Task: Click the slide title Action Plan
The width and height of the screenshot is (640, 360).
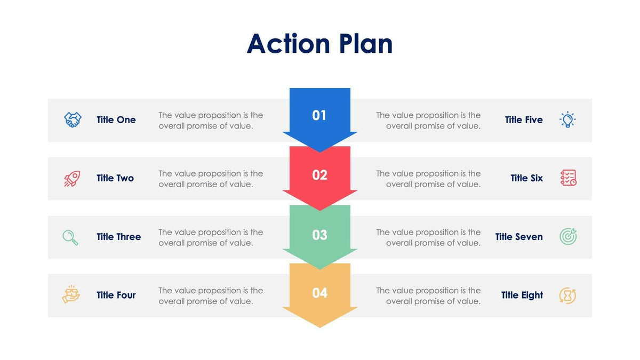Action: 319,44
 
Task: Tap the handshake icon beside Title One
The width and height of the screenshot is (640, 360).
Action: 73,119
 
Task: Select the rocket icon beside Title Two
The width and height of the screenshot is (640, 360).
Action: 72,178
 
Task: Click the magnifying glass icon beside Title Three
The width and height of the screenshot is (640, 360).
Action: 70,237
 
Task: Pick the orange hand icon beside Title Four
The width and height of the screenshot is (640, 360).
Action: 71,295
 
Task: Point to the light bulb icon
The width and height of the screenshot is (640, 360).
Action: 567,119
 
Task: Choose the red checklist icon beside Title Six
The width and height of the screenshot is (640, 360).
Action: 568,178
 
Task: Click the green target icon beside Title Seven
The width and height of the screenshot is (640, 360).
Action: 568,236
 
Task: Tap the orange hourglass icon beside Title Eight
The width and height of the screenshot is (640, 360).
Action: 567,295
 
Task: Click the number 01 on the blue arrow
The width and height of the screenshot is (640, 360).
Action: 319,115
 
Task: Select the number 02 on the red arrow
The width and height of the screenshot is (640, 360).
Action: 319,175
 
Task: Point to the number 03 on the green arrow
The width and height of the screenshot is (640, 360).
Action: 319,235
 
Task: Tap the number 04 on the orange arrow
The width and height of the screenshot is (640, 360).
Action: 319,293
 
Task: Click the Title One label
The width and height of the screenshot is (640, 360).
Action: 116,120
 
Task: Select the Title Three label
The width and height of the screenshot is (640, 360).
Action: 119,237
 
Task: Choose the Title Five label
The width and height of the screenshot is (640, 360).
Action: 524,120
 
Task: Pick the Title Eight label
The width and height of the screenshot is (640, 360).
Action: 522,295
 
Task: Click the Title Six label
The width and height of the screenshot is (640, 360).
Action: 526,178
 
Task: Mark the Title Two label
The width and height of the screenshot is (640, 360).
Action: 115,178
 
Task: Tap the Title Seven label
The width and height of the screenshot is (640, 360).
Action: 519,237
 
